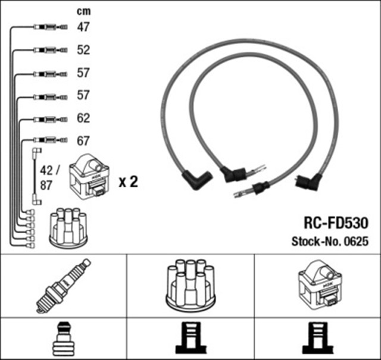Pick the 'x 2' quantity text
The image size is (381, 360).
127,182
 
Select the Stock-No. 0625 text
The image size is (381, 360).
330,242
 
